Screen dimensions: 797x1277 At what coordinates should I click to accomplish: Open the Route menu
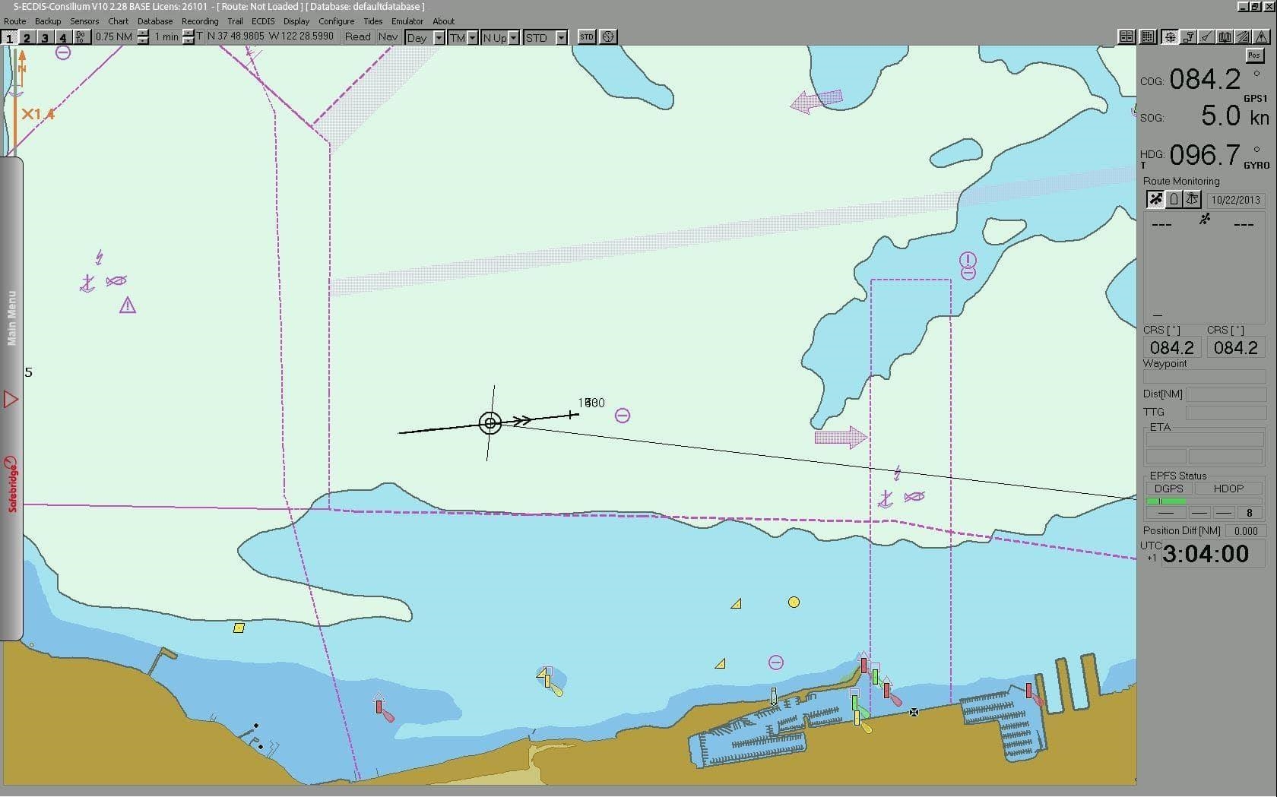tap(14, 21)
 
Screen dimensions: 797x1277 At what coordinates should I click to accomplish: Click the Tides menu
tap(372, 21)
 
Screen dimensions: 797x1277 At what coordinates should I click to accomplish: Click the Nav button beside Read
tap(388, 36)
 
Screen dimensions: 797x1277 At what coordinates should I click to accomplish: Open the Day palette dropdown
tap(439, 37)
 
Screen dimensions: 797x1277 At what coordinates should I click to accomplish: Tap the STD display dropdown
tap(561, 37)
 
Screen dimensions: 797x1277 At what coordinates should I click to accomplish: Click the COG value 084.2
tap(1204, 79)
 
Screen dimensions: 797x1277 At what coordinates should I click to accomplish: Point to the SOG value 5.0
tap(1220, 116)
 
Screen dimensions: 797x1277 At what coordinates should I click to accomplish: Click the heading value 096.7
tap(1204, 155)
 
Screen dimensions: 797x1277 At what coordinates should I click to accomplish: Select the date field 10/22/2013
tap(1235, 200)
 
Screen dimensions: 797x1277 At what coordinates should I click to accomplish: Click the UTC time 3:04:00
tap(1206, 555)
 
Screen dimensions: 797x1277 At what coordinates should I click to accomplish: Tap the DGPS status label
tap(1168, 489)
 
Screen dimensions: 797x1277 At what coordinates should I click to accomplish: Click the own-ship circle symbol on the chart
tap(490, 422)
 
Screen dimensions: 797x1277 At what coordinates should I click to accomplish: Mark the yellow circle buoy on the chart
tap(794, 602)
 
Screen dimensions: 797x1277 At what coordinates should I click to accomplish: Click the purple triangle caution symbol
tap(127, 305)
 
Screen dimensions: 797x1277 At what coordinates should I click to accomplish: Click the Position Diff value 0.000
tap(1246, 531)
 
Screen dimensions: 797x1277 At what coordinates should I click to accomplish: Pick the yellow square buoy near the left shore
tap(239, 628)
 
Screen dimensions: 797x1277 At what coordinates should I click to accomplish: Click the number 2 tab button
tap(27, 37)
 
